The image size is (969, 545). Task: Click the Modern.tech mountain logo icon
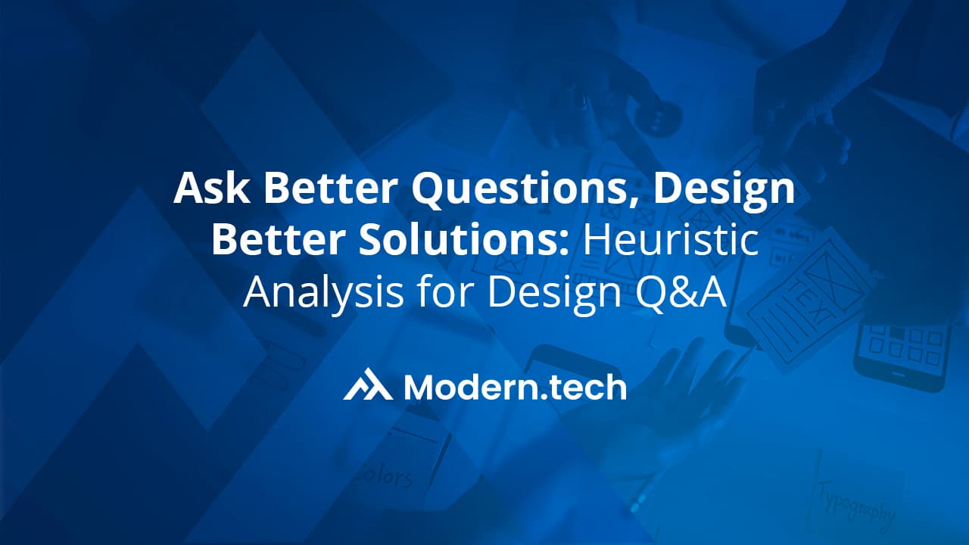368,385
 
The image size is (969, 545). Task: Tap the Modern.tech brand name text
515,387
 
